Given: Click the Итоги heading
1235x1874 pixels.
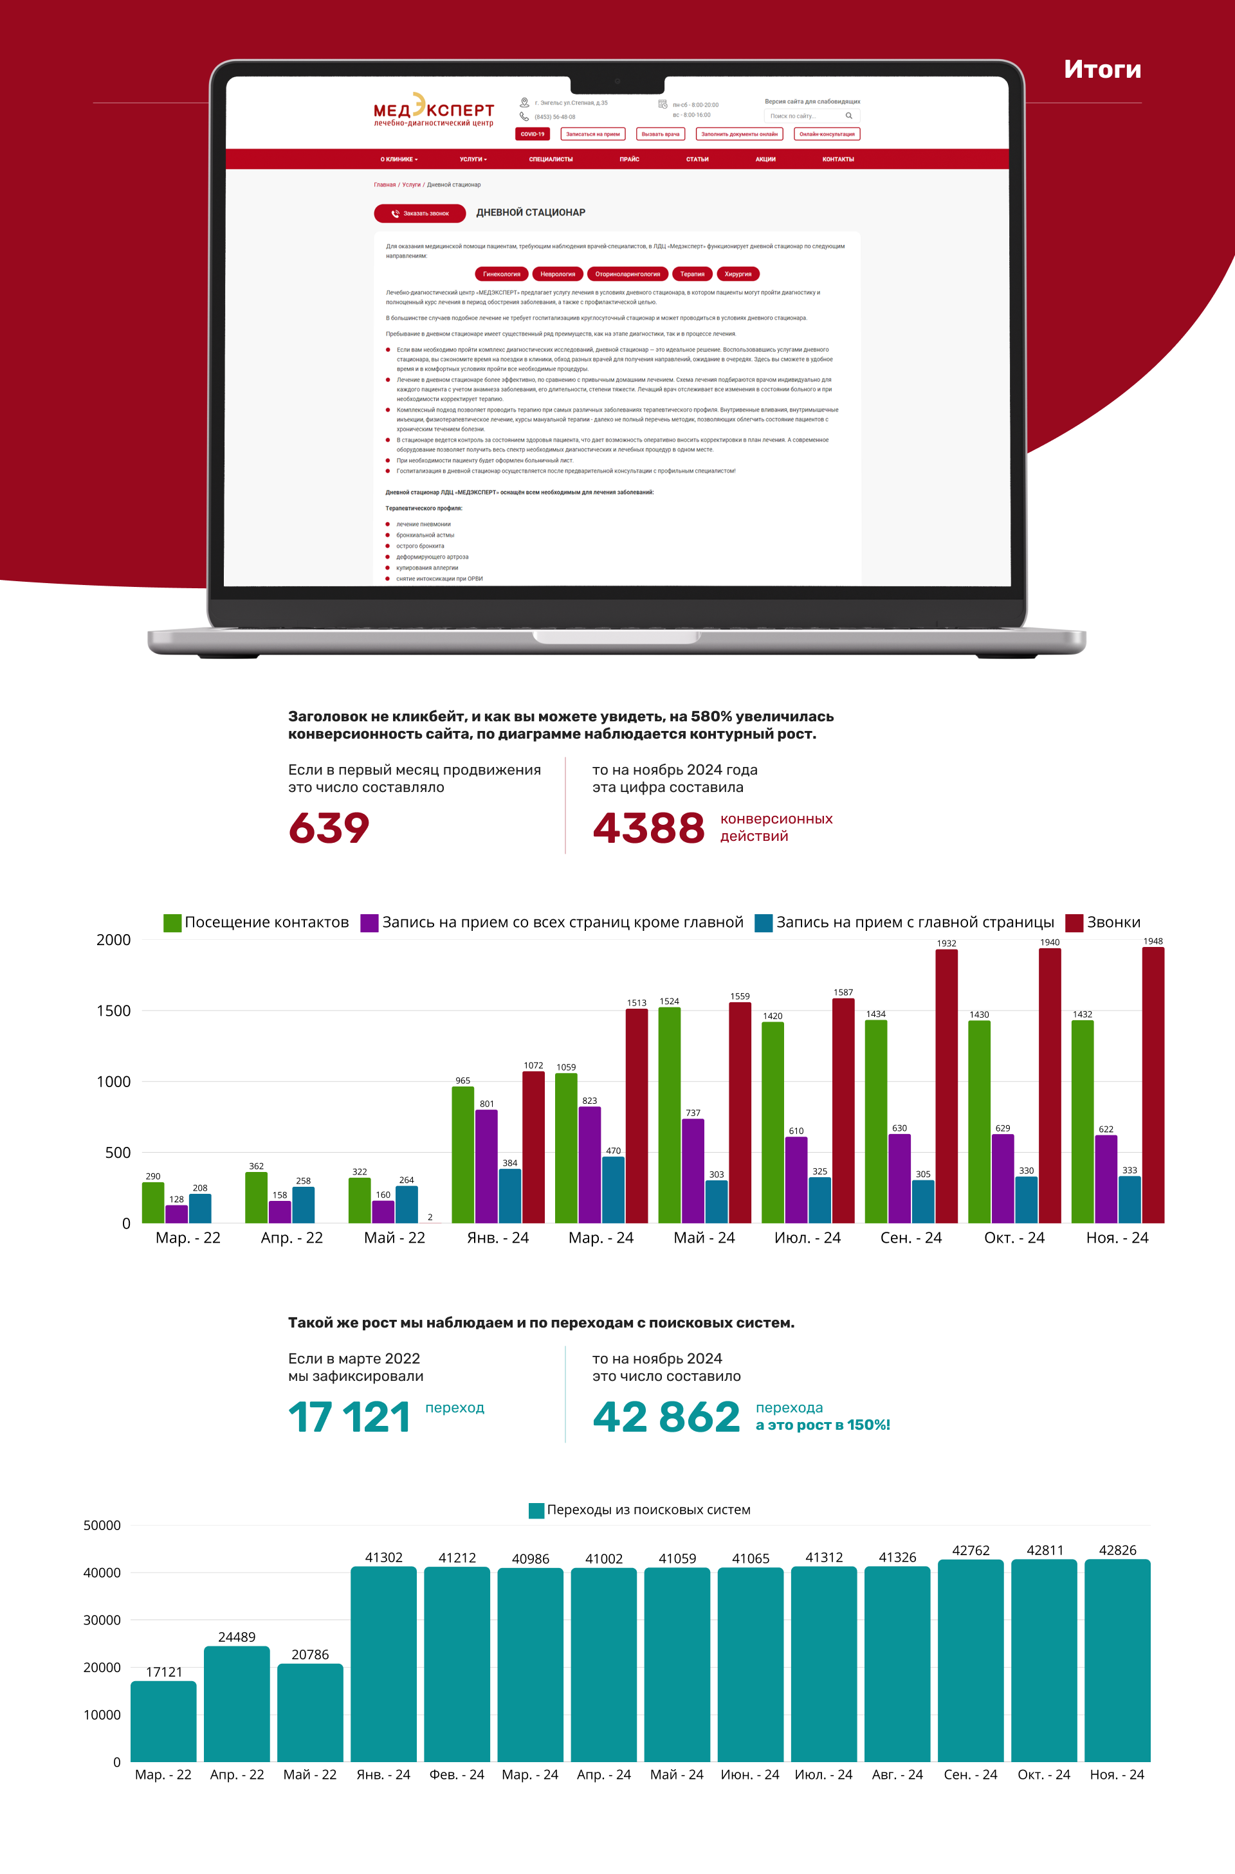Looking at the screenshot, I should point(1102,69).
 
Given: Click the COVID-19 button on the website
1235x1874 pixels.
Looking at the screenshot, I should point(533,134).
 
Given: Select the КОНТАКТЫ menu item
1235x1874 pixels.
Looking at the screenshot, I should point(838,159).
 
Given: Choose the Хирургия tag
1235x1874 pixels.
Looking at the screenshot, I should point(737,274).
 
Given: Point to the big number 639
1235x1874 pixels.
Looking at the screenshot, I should point(329,827).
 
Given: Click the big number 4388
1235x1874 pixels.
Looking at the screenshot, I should point(648,827).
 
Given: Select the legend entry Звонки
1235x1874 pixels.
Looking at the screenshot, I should point(1102,922).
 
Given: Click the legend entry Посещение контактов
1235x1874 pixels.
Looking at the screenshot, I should point(256,922).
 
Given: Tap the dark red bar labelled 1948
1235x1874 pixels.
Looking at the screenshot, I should point(1152,1086).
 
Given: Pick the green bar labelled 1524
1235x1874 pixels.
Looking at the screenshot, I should point(670,1115).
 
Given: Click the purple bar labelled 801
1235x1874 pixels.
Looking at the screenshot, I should point(487,1166).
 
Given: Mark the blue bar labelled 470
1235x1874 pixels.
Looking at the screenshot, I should point(614,1189).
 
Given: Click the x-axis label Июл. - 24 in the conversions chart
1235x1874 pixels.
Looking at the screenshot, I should point(807,1238).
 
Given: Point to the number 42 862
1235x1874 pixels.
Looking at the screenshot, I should point(666,1418).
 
